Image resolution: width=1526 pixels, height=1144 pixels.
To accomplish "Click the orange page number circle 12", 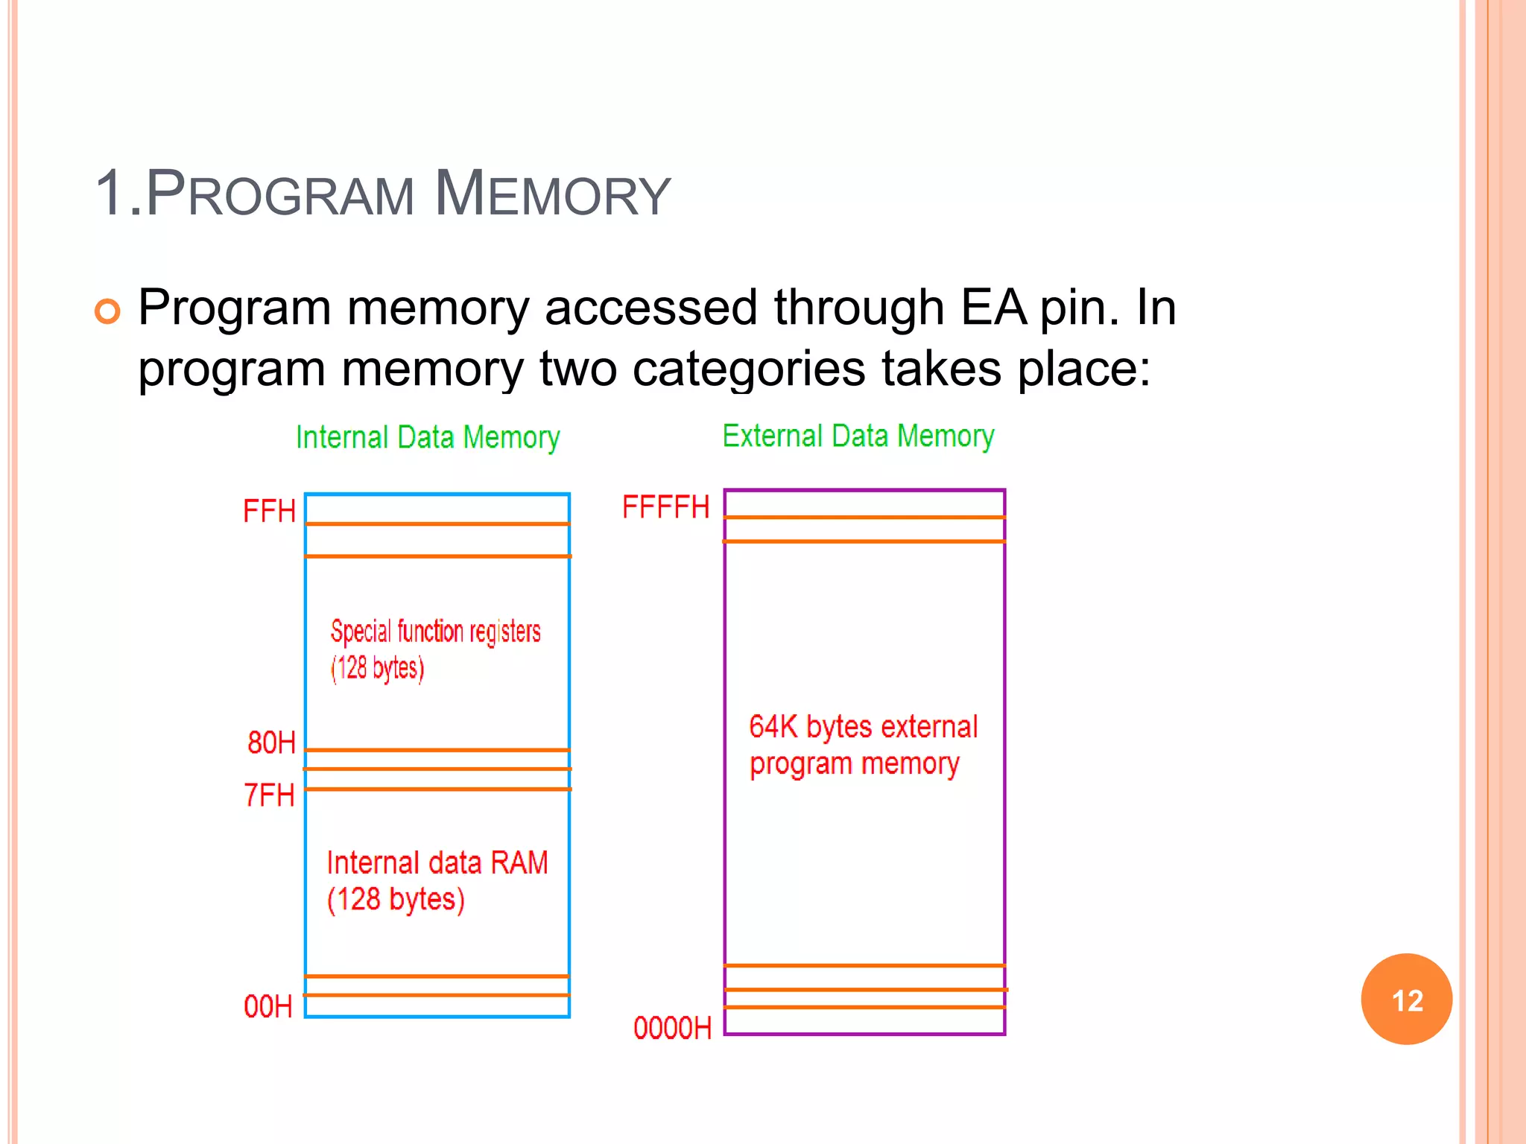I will click(1406, 1000).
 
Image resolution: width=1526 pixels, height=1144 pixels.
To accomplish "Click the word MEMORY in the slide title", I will click(552, 194).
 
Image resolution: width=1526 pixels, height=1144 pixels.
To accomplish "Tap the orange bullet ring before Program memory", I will click(107, 311).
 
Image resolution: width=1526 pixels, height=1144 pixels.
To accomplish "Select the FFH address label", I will click(269, 512).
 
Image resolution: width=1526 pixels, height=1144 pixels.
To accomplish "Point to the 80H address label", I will click(271, 743).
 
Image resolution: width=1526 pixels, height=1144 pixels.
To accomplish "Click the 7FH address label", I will click(269, 795).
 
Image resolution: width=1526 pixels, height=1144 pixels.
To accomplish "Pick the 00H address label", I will click(267, 1006).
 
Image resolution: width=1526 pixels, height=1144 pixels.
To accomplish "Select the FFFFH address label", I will click(665, 507).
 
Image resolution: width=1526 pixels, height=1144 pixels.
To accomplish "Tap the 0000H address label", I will click(672, 1028).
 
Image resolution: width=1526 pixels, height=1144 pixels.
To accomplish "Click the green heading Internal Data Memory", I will click(428, 437).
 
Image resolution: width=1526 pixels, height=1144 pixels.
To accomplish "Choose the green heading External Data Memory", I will click(858, 436).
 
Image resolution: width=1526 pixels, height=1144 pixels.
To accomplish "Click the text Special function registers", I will click(436, 632).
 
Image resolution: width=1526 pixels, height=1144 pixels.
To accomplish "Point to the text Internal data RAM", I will click(437, 862).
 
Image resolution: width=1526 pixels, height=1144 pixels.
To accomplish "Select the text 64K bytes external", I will click(863, 726).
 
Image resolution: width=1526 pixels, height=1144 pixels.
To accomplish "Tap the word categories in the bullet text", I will click(748, 368).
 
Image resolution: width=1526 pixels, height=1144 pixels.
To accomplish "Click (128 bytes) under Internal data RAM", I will click(396, 899).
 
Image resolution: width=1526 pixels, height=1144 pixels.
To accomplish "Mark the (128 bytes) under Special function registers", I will click(378, 668).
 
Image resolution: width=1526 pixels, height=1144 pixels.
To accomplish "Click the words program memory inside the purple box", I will click(854, 763).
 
